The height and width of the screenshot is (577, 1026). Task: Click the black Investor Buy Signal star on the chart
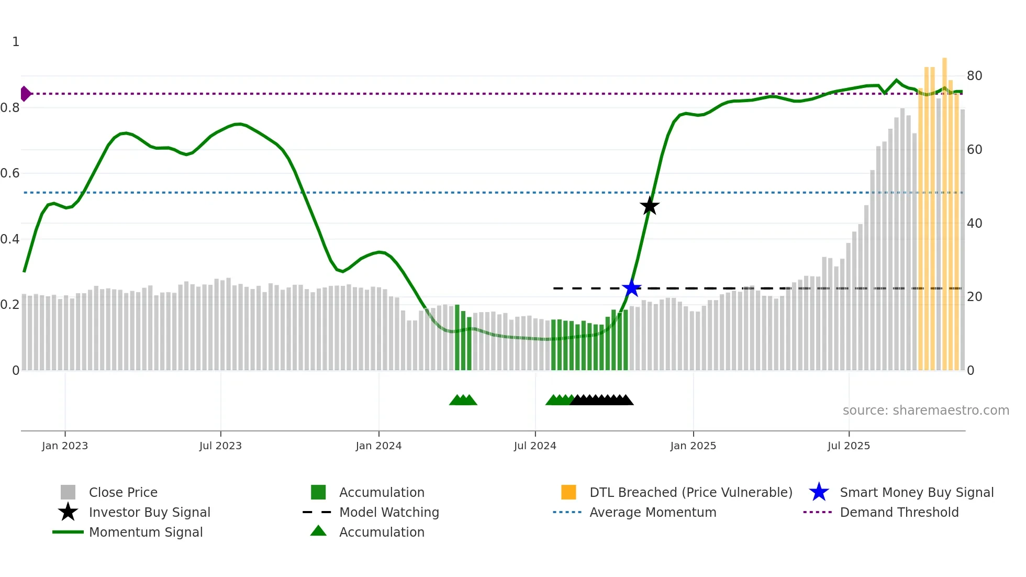tap(650, 206)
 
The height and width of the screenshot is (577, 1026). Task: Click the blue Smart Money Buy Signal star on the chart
tap(632, 288)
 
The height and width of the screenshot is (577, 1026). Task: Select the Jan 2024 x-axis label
tap(378, 446)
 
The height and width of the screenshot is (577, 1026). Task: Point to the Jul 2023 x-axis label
tap(220, 446)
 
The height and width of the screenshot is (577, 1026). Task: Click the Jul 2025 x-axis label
tap(849, 446)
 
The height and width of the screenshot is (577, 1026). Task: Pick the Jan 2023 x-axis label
tap(65, 446)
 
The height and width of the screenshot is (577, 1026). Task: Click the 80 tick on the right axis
tap(974, 76)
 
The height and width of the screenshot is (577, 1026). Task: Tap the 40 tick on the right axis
tap(974, 224)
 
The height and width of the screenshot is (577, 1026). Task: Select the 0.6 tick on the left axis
tap(10, 173)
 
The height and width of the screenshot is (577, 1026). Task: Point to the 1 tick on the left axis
tap(16, 42)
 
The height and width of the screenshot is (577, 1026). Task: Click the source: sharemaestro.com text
tap(925, 410)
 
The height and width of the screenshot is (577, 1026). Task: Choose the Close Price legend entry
tap(123, 492)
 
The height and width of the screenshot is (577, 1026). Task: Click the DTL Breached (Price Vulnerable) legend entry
tap(690, 492)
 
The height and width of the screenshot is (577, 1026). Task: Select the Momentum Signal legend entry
tap(146, 532)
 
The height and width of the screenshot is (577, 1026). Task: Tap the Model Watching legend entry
tap(389, 512)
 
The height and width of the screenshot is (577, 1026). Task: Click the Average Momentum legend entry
tap(653, 512)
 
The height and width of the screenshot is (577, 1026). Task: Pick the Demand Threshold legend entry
tap(899, 512)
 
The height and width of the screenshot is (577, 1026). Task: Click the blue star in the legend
tap(819, 492)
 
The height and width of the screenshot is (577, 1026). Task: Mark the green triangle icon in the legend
tap(318, 531)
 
